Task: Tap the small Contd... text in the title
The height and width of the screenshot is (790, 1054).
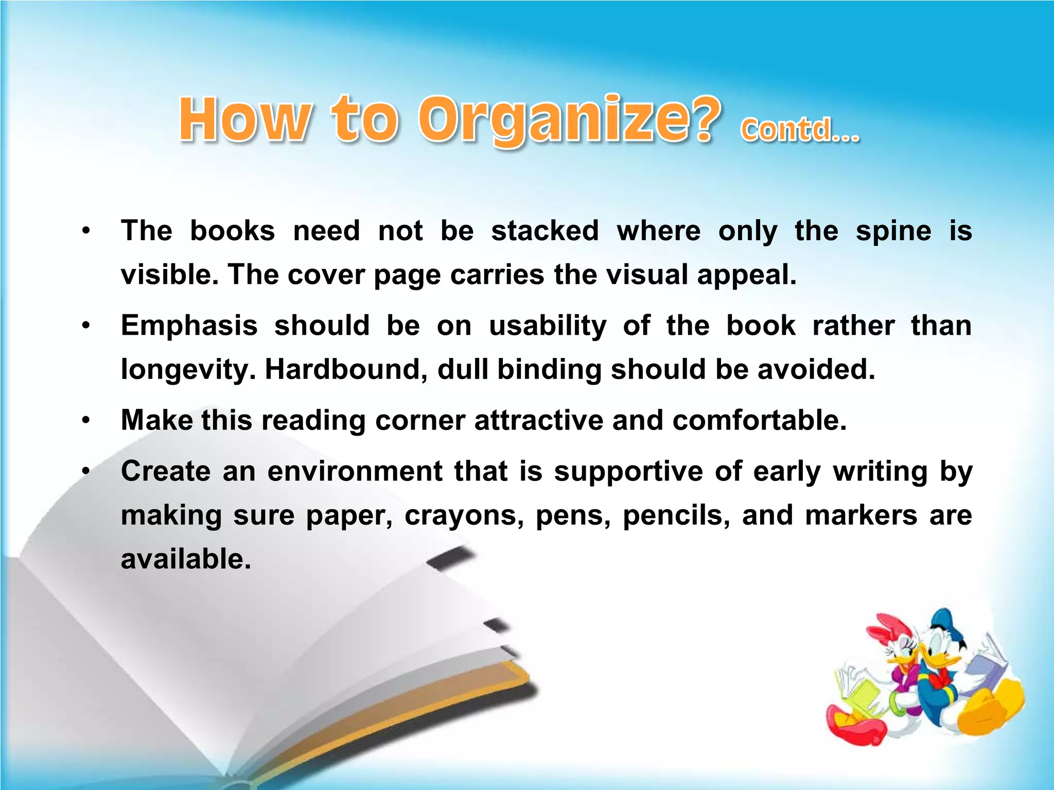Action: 800,130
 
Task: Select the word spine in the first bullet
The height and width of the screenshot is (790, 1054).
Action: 893,231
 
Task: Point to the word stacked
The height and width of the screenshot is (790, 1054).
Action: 545,231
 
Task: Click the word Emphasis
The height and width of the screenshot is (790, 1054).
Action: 189,326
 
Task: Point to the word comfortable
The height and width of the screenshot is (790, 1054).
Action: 759,420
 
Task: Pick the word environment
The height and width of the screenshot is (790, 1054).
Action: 355,471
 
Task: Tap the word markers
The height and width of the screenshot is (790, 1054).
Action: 861,515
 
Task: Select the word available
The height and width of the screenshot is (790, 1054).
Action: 186,559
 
